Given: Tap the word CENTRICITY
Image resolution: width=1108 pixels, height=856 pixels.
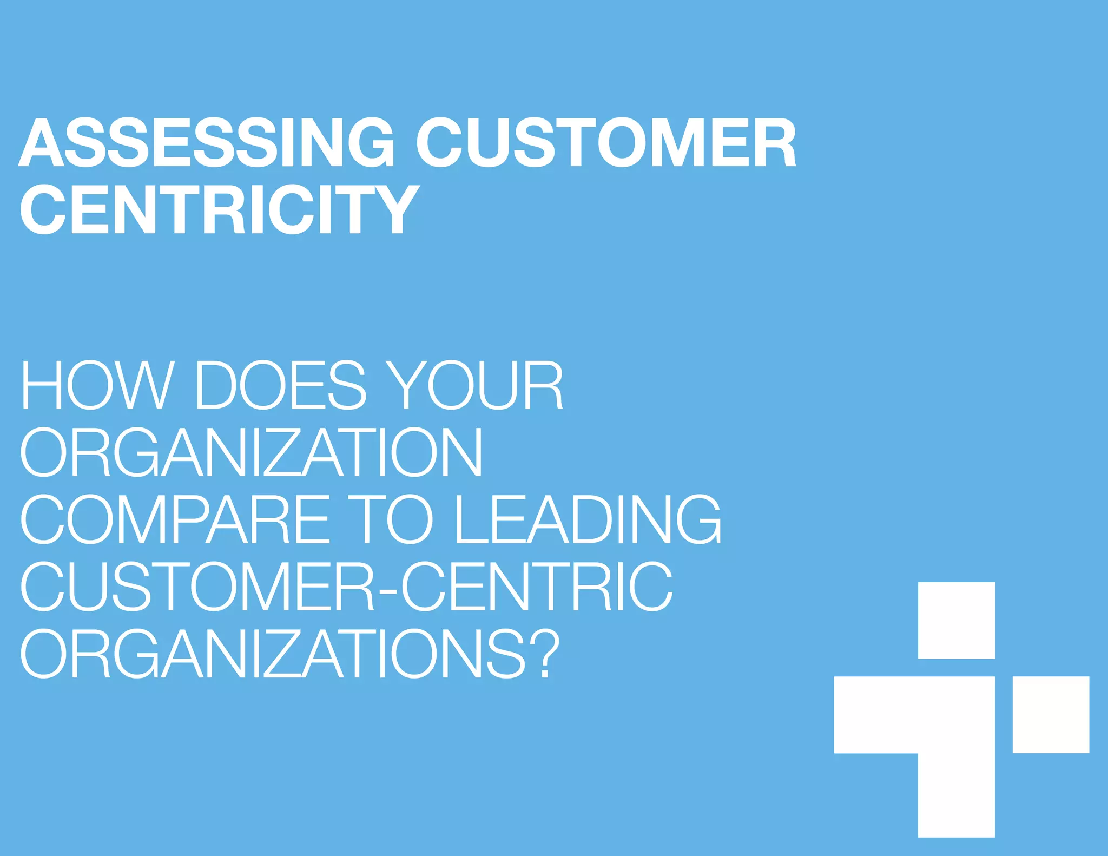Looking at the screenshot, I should coord(220,209).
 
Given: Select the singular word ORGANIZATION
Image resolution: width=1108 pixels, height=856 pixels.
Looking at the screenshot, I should coord(251,452).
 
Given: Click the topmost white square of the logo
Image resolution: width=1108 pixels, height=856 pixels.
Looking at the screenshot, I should coord(956,620).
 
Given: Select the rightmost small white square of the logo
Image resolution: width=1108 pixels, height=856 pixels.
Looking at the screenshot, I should coord(1050,714).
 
